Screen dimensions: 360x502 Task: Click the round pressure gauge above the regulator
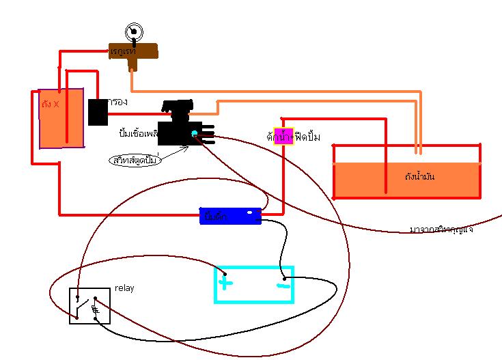pyautogui.click(x=133, y=31)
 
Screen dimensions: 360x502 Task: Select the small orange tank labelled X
pyautogui.click(x=61, y=117)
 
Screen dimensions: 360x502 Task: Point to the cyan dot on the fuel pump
pyautogui.click(x=195, y=133)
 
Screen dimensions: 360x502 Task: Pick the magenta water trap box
pyautogui.click(x=283, y=135)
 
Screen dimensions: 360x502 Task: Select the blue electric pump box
pyautogui.click(x=232, y=216)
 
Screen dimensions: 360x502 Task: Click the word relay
pyautogui.click(x=124, y=288)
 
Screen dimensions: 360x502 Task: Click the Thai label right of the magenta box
pyautogui.click(x=307, y=135)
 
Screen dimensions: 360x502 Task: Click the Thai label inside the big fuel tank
pyautogui.click(x=419, y=177)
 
